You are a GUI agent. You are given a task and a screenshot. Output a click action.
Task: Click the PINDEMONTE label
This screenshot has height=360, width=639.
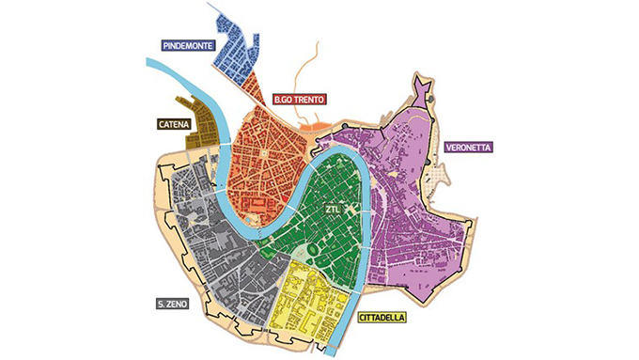pos(187,44)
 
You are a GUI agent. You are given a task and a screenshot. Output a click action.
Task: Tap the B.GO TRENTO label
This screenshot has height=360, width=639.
pos(300,98)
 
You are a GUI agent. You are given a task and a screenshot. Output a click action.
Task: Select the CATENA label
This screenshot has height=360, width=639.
pos(175,123)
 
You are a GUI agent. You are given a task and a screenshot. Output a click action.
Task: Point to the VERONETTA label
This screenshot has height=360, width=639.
pos(466,148)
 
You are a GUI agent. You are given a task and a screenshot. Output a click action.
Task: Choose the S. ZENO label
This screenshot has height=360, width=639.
pos(175,304)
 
